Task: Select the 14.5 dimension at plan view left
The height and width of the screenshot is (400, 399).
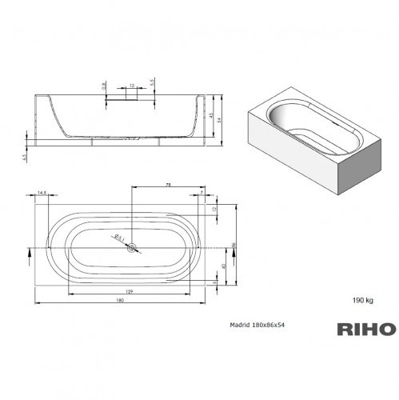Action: (x=42, y=191)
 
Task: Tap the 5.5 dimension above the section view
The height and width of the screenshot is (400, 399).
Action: (x=151, y=82)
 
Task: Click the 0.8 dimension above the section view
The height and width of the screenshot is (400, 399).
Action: (x=104, y=84)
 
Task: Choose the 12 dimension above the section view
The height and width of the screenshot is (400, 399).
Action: (x=130, y=84)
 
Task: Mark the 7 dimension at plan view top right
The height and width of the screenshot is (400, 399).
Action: (x=200, y=192)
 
